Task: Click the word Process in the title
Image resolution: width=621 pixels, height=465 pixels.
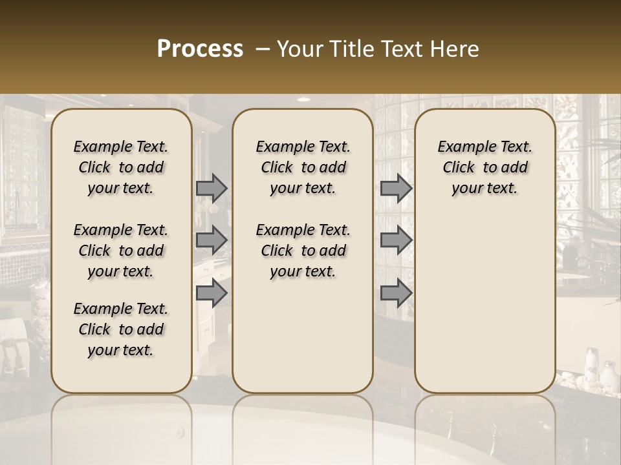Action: (x=200, y=49)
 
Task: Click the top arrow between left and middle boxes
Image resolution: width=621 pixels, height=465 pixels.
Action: (x=212, y=188)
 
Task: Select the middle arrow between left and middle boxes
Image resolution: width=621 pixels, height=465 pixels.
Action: (x=212, y=240)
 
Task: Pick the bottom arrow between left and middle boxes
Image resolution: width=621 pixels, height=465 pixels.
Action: (x=212, y=293)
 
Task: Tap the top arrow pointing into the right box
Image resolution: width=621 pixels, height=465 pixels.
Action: (x=396, y=188)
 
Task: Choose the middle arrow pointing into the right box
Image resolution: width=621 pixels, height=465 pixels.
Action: (x=396, y=240)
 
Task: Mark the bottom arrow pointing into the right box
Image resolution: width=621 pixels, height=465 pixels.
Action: (x=396, y=293)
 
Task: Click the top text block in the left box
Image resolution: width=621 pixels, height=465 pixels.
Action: (x=121, y=167)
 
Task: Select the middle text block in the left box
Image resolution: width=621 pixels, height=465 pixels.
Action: (x=121, y=251)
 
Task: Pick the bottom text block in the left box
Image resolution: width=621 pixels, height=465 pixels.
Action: (x=121, y=329)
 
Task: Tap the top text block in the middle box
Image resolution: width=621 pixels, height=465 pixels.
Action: (x=303, y=167)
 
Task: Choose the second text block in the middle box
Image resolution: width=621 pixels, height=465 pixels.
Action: (x=303, y=251)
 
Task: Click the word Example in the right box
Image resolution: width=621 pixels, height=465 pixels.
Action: (x=464, y=147)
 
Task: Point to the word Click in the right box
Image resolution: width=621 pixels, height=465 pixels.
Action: (x=459, y=168)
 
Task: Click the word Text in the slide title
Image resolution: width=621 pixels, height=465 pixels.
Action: (x=401, y=49)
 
